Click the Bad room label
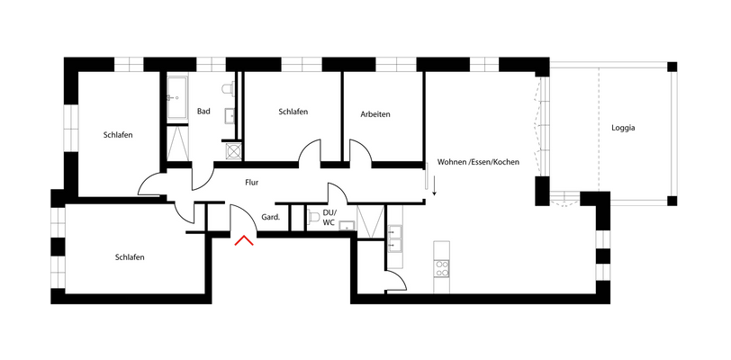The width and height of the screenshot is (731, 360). tap(203, 112)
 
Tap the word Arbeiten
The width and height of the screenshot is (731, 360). tap(375, 114)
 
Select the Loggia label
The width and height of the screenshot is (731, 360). tap(622, 128)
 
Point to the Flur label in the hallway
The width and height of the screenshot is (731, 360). tap(252, 182)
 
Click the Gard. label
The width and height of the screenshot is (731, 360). tap(270, 217)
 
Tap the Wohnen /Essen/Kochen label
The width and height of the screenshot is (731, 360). tap(478, 162)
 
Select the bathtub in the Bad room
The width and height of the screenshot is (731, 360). tap(177, 98)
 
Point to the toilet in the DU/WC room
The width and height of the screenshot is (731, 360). tap(313, 217)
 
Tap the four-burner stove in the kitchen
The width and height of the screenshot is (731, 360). tap(442, 268)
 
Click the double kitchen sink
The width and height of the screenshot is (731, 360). tap(396, 238)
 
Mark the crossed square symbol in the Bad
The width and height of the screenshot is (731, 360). tap(233, 151)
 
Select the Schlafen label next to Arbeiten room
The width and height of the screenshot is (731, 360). tap(293, 112)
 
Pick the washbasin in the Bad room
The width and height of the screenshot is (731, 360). tap(230, 114)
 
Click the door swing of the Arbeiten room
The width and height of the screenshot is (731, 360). tap(361, 150)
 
